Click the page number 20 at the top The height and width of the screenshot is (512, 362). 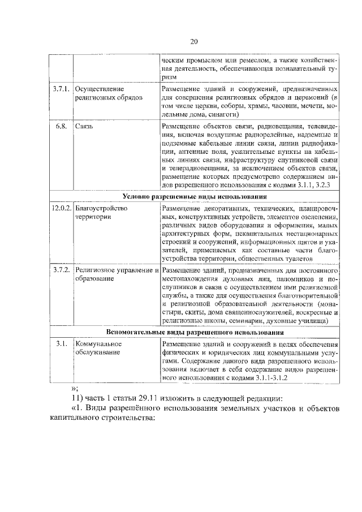[193, 42]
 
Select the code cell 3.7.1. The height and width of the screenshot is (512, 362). [61, 89]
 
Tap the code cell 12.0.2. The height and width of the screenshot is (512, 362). [61, 208]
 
